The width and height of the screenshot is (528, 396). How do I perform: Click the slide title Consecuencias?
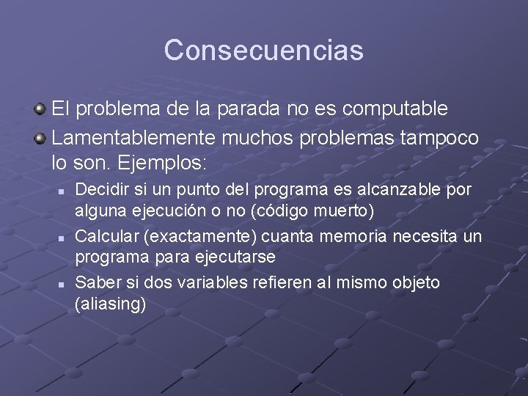click(264, 51)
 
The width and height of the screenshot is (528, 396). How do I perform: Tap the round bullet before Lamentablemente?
click(40, 138)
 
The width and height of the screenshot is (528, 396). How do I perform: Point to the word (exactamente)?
click(189, 236)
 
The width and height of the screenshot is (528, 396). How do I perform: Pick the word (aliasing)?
click(111, 304)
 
